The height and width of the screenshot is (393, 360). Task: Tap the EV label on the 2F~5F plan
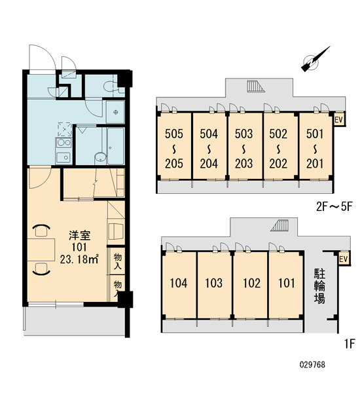point(338,120)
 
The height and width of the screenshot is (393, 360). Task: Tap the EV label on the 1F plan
point(344,259)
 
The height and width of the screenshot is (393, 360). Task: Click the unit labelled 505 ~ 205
point(174,146)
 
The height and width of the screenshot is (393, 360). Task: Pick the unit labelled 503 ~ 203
point(243,146)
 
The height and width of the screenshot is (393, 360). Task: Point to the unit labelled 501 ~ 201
point(315,146)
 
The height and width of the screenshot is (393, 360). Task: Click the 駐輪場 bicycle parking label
point(320,286)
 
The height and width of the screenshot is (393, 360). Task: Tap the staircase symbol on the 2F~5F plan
point(256,86)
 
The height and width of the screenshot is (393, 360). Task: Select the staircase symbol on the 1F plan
point(279,225)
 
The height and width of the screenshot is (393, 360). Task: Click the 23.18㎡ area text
point(79,259)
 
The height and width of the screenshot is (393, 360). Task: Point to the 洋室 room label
point(79,236)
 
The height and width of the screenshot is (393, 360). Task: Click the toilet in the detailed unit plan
point(111,86)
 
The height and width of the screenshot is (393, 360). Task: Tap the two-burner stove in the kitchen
point(63,143)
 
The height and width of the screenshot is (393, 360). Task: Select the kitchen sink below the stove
point(63,157)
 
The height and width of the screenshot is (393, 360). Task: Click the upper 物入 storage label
point(118,261)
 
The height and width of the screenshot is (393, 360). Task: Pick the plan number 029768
point(312,364)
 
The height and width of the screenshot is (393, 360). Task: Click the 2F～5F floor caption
point(334,207)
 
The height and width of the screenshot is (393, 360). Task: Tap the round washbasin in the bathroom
point(101,157)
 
